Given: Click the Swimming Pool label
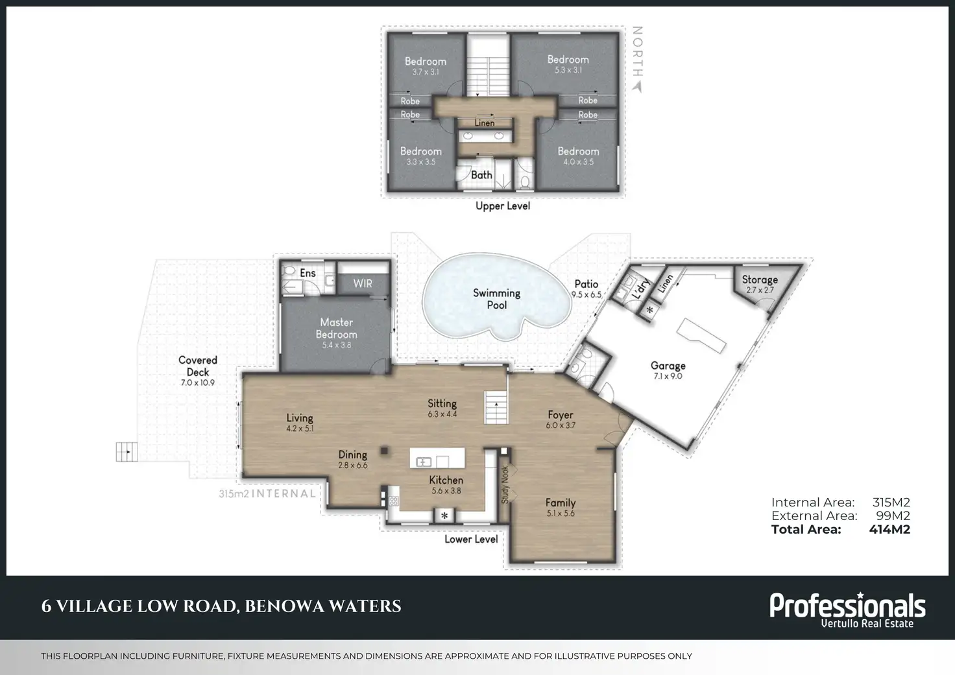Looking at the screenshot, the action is pos(497,299).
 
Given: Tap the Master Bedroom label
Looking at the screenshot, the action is pos(336,328).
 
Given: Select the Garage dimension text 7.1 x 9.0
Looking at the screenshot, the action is pos(668,376).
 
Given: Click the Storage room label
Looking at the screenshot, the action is pos(760,279).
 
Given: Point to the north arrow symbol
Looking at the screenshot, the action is pos(637,86).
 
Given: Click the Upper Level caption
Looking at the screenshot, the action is pos(503,206).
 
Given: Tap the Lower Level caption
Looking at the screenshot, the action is pos(471,539).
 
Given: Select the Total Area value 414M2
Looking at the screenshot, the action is pos(889,529).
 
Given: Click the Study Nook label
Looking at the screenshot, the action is pos(505,484).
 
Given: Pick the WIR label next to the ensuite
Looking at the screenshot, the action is pos(363,283).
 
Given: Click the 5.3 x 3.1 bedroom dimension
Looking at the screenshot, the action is pos(568,70).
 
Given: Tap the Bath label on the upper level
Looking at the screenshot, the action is pos(481,174).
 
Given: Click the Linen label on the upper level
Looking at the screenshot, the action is pos(485,123).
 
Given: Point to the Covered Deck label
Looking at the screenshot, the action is pos(198,366).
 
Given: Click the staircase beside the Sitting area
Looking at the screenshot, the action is pos(496,407).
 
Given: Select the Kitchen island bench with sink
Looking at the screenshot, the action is pos(437,458).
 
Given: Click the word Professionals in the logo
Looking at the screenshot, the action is pos(847,606).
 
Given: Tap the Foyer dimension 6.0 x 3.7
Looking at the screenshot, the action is pos(561,425).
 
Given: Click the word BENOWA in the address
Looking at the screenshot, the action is pos(280,606).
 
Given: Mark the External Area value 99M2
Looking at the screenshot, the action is pos(893,515).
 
